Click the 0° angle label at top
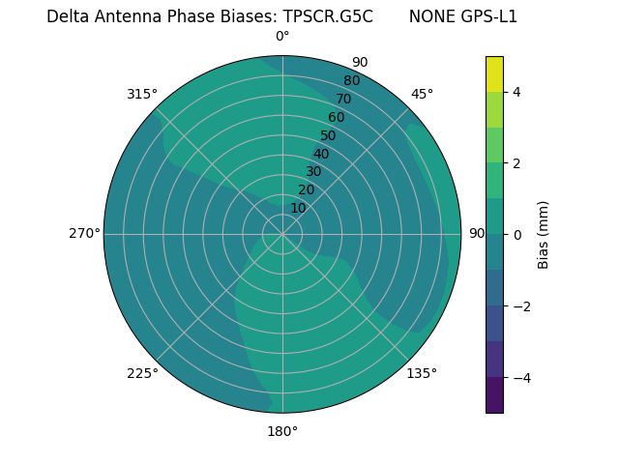coord(282,37)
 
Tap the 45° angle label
coord(423,94)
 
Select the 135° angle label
coord(422,373)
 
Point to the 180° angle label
coord(282,431)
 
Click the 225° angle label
coord(142,373)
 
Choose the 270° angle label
coord(84,233)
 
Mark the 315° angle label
coord(142,94)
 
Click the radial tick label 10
coord(298,208)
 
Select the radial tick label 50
coord(328,136)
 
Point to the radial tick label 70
coord(343,100)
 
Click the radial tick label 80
coord(351,81)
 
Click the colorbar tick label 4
coord(516,92)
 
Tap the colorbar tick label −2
coord(520,305)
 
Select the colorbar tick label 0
coord(516,234)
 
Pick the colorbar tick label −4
coord(520,377)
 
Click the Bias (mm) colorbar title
coord(544,234)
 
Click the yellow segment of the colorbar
coord(494,73)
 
